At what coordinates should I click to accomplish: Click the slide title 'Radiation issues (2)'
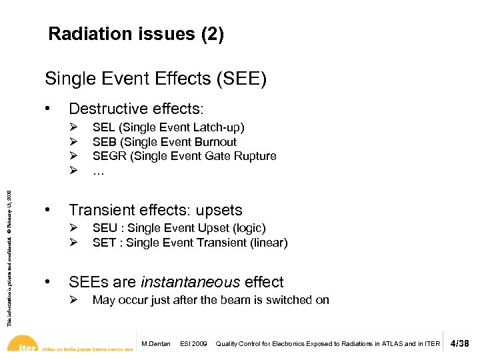click(x=136, y=35)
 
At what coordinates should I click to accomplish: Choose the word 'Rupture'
click(x=255, y=156)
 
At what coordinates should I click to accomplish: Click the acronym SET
click(x=104, y=243)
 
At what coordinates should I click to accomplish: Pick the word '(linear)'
click(x=266, y=243)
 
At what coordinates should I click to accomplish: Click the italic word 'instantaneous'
click(x=183, y=282)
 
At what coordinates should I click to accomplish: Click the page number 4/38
click(x=460, y=344)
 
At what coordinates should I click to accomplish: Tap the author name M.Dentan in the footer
click(x=156, y=344)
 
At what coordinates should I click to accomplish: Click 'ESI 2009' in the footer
click(x=193, y=344)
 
